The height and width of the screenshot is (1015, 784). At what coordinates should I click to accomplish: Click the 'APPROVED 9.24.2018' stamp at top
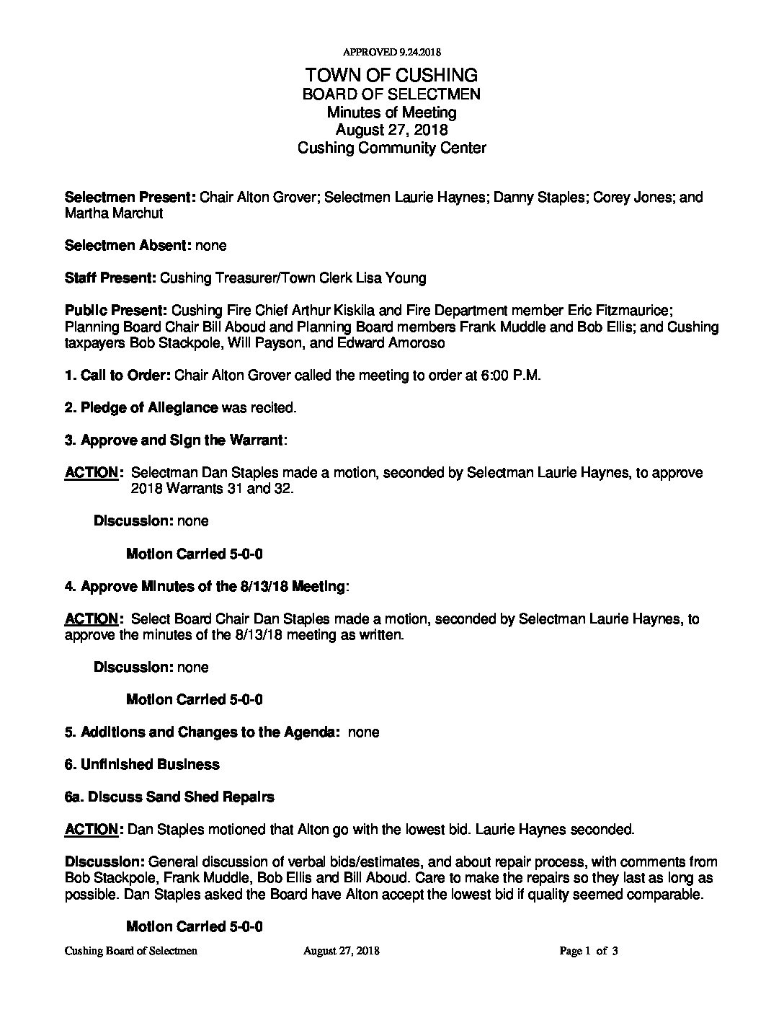pos(391,52)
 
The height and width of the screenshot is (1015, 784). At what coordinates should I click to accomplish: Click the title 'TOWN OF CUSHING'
pos(391,75)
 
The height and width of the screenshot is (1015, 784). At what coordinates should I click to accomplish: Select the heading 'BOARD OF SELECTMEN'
pos(391,94)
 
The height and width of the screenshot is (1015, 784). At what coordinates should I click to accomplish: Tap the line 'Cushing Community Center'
pos(391,148)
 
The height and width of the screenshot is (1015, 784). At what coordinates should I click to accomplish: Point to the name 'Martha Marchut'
pos(114,213)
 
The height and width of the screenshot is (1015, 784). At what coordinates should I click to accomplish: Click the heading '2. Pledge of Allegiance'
pos(141,408)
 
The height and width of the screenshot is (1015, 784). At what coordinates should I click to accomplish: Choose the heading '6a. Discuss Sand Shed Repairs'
pos(169,797)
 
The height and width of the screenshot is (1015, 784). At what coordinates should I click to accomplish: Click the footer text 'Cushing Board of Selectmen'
pos(131,952)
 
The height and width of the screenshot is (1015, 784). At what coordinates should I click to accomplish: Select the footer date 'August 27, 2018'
pos(342,952)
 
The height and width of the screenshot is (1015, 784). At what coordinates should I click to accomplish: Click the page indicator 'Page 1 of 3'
pos(589,952)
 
